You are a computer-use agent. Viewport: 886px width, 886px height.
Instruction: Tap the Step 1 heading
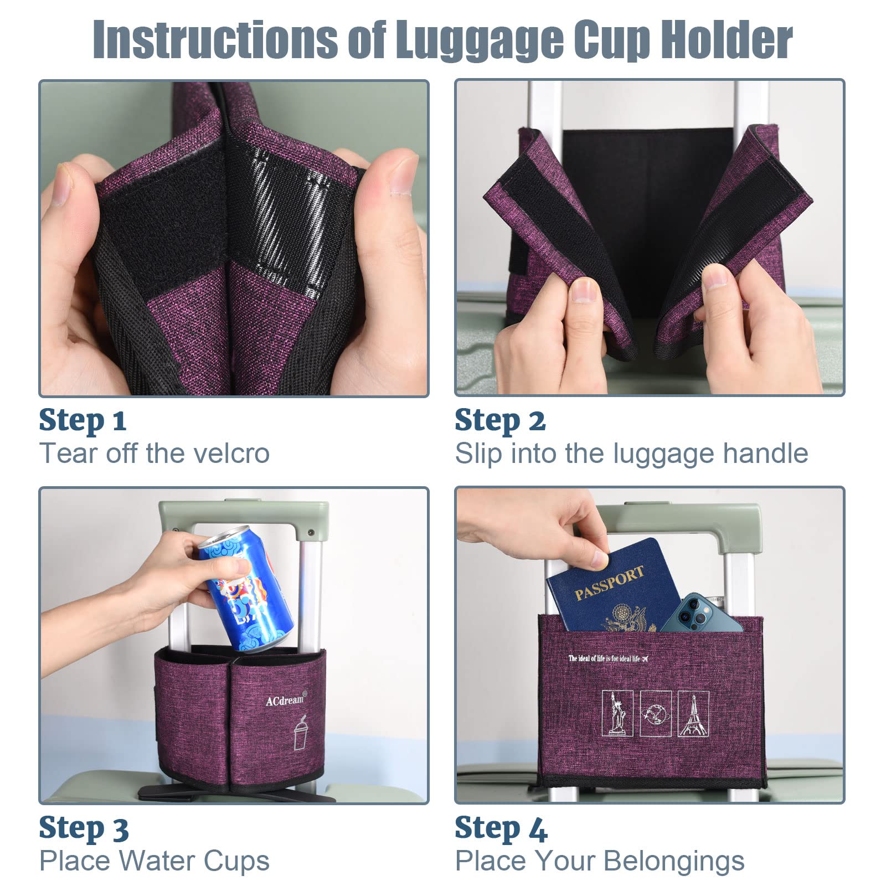[x=83, y=420]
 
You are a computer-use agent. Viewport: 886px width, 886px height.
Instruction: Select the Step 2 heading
[x=500, y=420]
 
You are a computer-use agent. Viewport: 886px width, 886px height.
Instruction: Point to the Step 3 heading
[x=84, y=828]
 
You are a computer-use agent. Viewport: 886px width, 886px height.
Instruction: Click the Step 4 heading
[x=501, y=828]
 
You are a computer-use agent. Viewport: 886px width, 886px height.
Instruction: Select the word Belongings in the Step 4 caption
[x=674, y=862]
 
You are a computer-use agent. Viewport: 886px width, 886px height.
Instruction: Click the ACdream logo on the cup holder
[x=286, y=700]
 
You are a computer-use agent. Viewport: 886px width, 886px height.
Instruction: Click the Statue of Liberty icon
[x=618, y=714]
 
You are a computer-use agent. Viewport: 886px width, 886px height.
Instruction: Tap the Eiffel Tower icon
[x=693, y=714]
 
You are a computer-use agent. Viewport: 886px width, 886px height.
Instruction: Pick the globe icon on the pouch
[x=656, y=714]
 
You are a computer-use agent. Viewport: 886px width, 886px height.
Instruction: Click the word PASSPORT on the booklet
[x=609, y=583]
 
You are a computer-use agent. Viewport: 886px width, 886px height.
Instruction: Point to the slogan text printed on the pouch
[x=607, y=658]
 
